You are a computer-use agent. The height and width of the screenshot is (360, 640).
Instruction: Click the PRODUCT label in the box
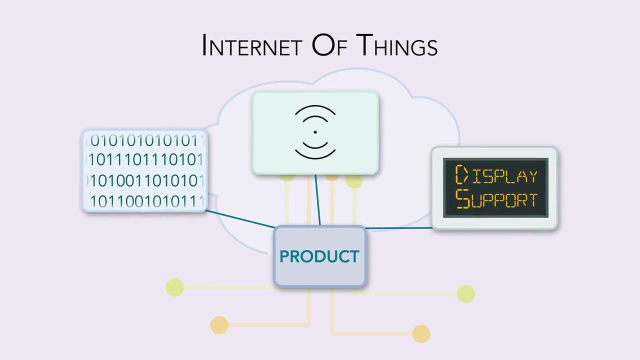319,256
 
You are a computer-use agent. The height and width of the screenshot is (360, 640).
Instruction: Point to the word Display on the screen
496,175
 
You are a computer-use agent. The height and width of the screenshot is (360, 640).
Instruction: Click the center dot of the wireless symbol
315,132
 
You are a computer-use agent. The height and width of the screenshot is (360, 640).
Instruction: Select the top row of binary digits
145,141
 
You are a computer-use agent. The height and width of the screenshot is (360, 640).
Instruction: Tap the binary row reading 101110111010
145,160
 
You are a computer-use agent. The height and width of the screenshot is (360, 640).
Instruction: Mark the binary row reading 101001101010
145,180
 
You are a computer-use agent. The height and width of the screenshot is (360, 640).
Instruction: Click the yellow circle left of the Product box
174,287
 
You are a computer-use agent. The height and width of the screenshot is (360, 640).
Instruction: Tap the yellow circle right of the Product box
465,294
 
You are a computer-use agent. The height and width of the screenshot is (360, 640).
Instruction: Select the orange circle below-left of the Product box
219,325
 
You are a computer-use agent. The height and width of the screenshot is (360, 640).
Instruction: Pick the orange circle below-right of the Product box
421,333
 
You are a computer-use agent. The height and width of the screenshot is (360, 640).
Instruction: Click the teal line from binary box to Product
240,219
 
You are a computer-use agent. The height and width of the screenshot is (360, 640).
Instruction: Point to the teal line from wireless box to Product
317,200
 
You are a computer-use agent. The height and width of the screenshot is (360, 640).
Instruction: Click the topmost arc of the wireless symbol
315,107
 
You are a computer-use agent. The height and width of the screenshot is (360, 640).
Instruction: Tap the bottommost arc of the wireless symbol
315,157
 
